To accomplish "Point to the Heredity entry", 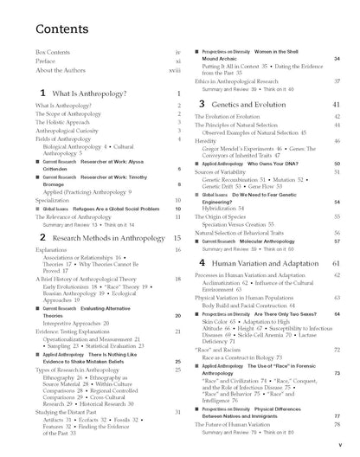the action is click(x=205, y=140).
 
